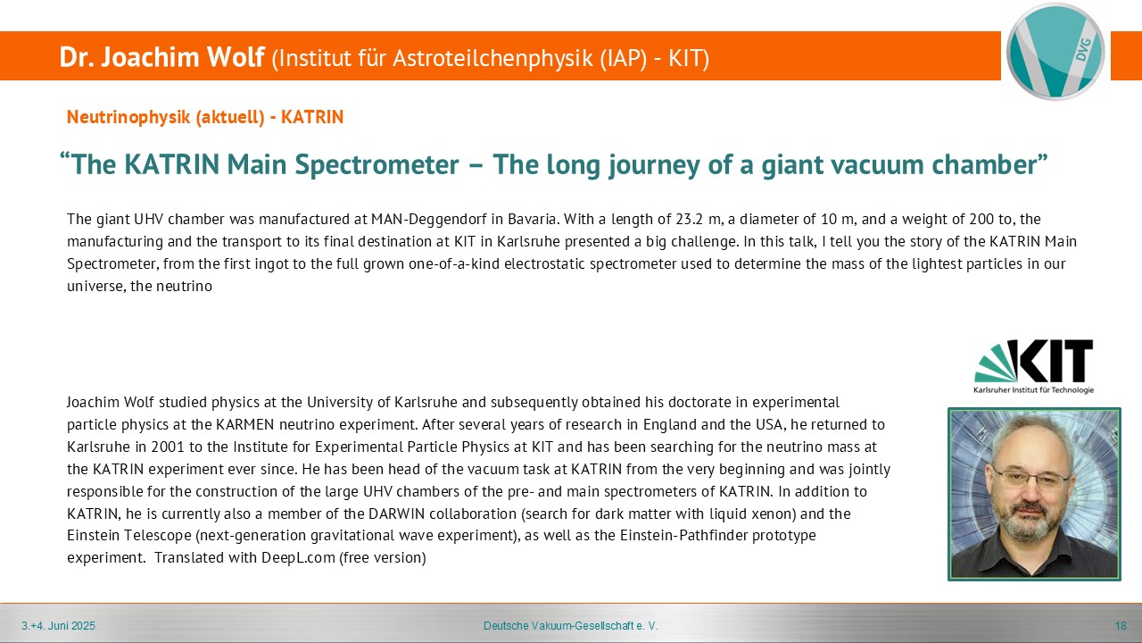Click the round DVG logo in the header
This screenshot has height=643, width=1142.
(1055, 52)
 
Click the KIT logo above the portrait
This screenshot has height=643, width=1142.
(1033, 366)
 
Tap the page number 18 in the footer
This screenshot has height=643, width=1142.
(1121, 626)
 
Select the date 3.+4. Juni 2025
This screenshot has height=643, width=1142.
(58, 626)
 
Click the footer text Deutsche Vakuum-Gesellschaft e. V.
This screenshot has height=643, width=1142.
(570, 626)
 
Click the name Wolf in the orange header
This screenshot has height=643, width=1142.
(234, 56)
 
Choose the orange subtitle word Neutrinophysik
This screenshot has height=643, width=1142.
(129, 117)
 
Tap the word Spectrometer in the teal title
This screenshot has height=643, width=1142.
(377, 165)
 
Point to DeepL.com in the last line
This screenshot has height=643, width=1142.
(298, 558)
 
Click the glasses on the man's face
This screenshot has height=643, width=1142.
(1030, 478)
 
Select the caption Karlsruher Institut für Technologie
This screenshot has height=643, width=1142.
(1033, 390)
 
